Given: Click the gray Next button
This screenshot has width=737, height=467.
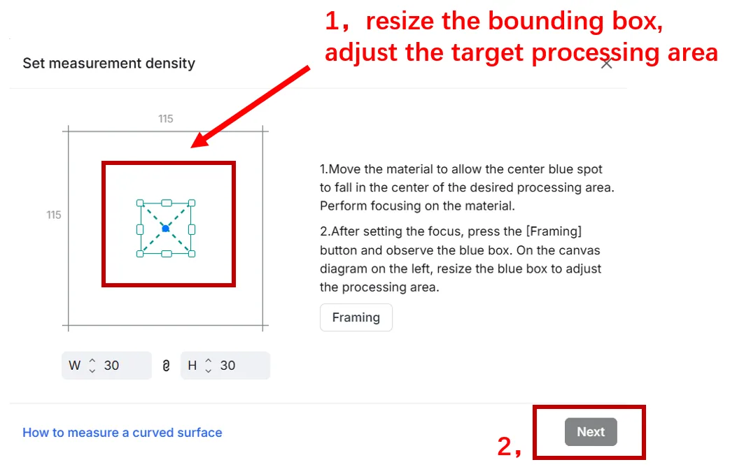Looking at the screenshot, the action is [x=590, y=432].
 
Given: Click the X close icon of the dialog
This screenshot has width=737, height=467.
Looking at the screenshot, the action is [x=606, y=64].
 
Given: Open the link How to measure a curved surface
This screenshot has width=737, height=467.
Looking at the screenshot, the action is [x=122, y=432].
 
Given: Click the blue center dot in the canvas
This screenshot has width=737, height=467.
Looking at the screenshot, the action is [x=165, y=229].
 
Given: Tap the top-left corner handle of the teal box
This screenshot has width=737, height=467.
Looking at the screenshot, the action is [x=140, y=203].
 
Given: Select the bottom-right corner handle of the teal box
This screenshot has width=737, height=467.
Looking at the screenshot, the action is [x=191, y=254].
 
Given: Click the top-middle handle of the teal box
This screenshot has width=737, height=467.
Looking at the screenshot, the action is [x=167, y=203].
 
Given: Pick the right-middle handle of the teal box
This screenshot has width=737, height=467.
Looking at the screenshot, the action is [x=192, y=229].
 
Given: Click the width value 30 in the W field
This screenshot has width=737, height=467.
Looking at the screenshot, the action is [x=111, y=365].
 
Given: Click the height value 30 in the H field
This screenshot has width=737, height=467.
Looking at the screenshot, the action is [x=227, y=365].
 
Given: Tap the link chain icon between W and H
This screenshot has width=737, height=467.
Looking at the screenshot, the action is [x=166, y=366].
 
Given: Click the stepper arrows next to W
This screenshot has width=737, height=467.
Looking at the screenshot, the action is [x=92, y=366].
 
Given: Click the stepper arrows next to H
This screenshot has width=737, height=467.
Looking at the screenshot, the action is [x=208, y=366].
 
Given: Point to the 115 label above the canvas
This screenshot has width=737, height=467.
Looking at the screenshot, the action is [x=165, y=119].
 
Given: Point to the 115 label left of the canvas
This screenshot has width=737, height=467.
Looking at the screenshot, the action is [x=54, y=215].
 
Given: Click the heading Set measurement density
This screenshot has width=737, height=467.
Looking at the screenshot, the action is [x=108, y=64].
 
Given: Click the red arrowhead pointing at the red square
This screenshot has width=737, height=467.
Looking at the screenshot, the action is [x=201, y=138].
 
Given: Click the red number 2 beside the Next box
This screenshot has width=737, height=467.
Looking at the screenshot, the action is [x=505, y=446].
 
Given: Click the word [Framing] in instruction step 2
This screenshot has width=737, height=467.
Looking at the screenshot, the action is [x=554, y=231].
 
